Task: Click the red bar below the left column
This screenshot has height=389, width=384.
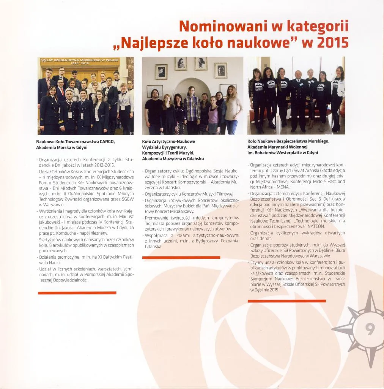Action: tap(77, 293)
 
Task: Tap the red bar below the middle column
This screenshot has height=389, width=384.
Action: tap(181, 258)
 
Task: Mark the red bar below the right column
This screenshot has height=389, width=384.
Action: tap(286, 301)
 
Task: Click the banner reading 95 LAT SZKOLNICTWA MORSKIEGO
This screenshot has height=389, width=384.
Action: tap(80, 61)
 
